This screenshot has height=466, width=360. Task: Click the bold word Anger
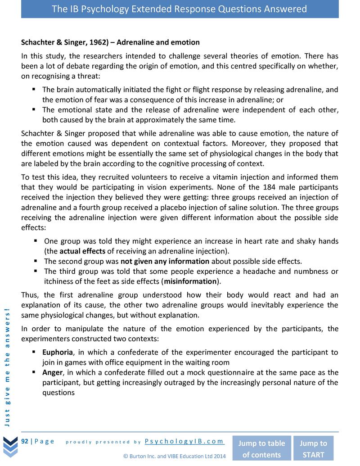pos(52,372)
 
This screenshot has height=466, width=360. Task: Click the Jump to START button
pos(313,448)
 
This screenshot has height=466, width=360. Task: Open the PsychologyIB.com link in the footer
pos(184,441)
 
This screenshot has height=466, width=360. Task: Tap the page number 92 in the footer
pos(25,441)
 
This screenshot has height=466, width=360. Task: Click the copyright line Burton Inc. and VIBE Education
pos(174,456)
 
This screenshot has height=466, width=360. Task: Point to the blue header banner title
pos(180,9)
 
